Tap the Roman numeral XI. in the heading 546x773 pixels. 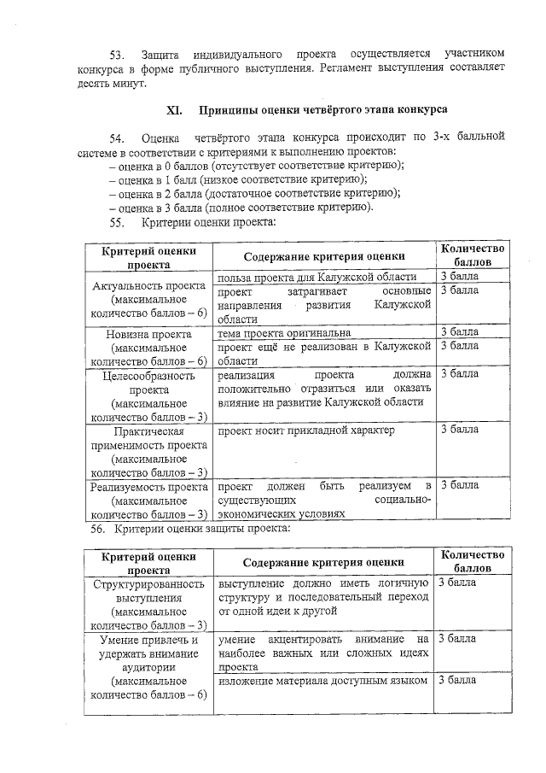[x=174, y=110]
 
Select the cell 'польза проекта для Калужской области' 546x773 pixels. [x=317, y=277]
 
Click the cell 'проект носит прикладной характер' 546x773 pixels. [x=306, y=430]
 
